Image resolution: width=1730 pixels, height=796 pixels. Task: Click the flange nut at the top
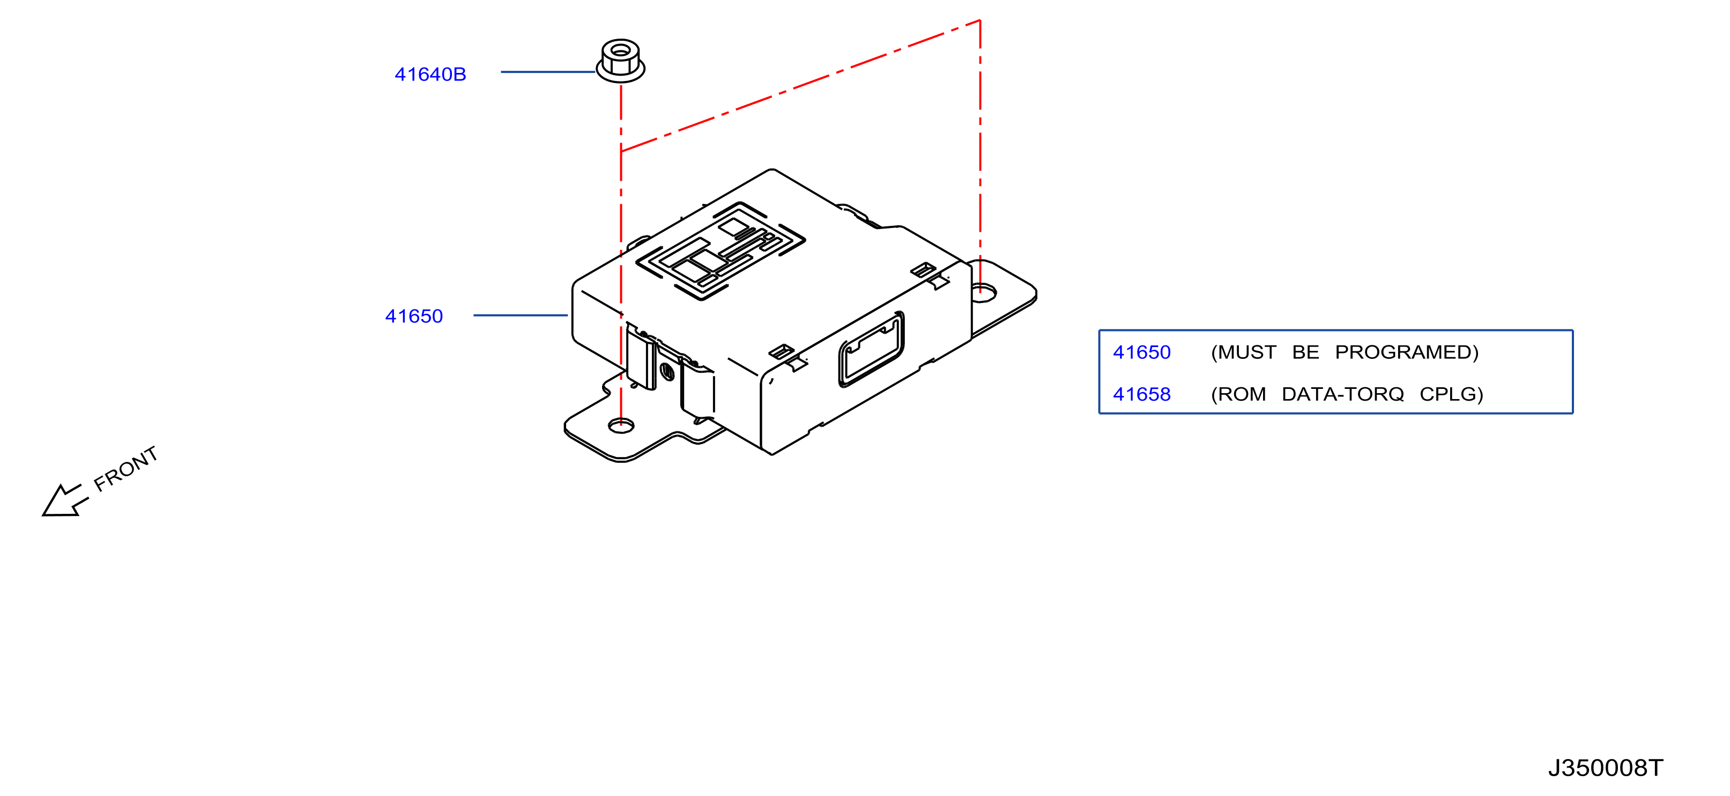click(x=621, y=61)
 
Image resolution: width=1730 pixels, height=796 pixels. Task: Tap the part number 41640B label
click(x=430, y=75)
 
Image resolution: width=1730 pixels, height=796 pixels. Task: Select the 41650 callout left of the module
click(x=414, y=316)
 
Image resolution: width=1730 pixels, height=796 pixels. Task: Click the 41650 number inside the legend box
click(x=1142, y=352)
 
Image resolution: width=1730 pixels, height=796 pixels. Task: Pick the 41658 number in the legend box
click(x=1142, y=394)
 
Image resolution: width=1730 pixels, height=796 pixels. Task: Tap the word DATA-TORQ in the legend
click(x=1342, y=394)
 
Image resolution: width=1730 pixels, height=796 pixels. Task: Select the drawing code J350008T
click(x=1606, y=768)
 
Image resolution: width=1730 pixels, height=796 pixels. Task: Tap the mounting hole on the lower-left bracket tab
click(x=621, y=425)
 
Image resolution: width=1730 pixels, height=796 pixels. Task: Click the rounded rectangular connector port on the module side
click(x=871, y=349)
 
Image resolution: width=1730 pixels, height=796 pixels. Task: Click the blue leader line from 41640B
click(x=548, y=72)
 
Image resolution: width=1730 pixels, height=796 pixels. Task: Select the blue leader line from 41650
click(x=521, y=315)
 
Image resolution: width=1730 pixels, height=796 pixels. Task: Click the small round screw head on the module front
click(x=667, y=371)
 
